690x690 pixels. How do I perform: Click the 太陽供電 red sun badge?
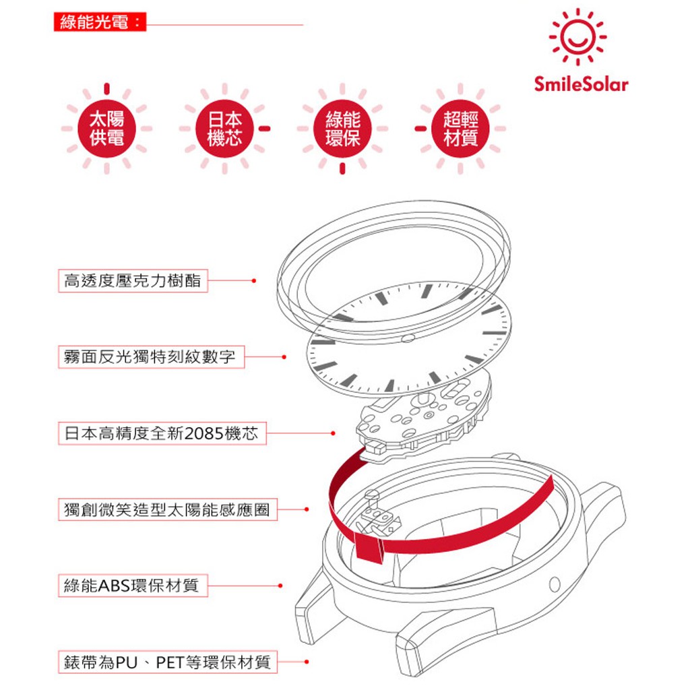click(106, 128)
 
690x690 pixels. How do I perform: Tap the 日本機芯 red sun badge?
click(224, 128)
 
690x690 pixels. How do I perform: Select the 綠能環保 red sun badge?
click(342, 128)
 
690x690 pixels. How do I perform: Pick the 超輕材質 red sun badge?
click(460, 128)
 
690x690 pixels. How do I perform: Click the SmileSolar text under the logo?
click(581, 85)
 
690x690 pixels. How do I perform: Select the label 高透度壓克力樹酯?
click(132, 280)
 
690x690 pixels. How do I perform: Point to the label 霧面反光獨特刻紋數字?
click(150, 356)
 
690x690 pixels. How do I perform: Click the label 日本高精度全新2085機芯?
click(161, 433)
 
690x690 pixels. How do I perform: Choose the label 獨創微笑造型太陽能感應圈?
click(166, 509)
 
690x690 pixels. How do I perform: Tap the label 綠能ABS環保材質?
click(131, 586)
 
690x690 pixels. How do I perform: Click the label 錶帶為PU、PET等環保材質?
click(166, 662)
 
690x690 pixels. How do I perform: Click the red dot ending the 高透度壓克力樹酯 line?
click(253, 280)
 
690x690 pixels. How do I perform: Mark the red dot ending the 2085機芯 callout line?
click(333, 433)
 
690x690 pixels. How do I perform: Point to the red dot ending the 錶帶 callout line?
click(307, 662)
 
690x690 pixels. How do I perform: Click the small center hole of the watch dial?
click(406, 338)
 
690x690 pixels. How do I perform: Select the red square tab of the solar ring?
click(369, 550)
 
